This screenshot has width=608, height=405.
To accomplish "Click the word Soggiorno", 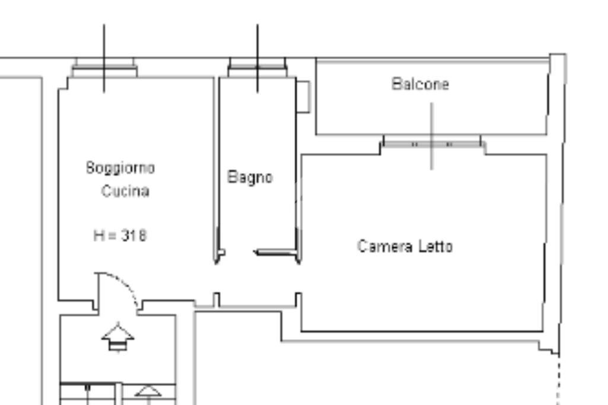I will [x=121, y=168].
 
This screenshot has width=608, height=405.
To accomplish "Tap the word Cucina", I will [x=125, y=192].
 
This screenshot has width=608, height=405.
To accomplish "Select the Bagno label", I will [x=251, y=177].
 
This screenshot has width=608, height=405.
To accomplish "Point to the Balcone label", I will [x=420, y=84].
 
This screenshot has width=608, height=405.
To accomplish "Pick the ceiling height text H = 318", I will [x=120, y=235].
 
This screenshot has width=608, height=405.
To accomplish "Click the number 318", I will [x=134, y=235].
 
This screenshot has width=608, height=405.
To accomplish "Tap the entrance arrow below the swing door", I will [x=118, y=337].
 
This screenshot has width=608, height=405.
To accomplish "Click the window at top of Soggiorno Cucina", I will [x=104, y=68].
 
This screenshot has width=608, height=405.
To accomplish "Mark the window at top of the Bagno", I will [x=257, y=68].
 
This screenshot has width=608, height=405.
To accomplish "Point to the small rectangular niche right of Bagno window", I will [x=303, y=96].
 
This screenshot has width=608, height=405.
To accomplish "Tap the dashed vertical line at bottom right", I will [x=558, y=380].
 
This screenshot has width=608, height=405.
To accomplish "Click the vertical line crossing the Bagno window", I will [x=257, y=42].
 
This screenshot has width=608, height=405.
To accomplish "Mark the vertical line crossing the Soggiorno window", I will [x=104, y=42].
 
